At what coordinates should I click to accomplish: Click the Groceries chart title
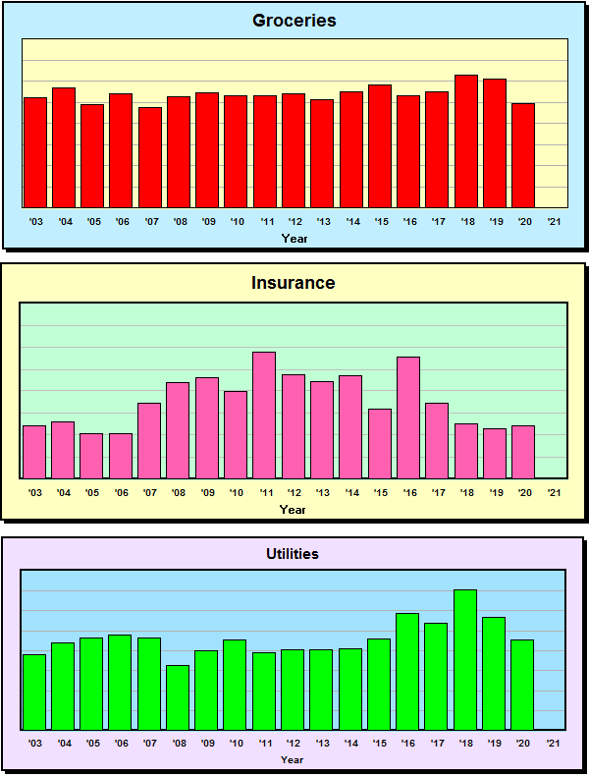point(294,21)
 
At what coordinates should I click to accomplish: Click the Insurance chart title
point(293,283)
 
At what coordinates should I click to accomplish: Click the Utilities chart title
point(293,554)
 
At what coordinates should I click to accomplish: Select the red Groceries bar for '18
point(466,141)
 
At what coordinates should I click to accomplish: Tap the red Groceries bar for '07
point(150,157)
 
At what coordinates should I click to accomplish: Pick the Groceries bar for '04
point(64,147)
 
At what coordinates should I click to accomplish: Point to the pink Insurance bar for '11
point(264,415)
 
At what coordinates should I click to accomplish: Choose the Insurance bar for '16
point(408,417)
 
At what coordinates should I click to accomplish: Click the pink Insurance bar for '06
point(121,456)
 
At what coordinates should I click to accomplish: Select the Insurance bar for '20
point(523,452)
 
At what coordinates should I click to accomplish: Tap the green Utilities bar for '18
point(465,659)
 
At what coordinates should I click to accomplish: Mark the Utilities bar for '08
point(178,697)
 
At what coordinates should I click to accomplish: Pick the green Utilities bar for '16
point(407,671)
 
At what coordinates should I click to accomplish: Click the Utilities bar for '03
point(34,692)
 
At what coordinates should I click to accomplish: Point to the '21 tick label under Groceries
point(555,222)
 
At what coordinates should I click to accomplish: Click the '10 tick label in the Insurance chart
point(237,492)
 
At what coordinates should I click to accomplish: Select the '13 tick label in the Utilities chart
point(323,744)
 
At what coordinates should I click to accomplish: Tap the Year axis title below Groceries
point(294,238)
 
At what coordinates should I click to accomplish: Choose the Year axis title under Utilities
point(292,759)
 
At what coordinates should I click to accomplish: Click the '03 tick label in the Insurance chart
point(35,492)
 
